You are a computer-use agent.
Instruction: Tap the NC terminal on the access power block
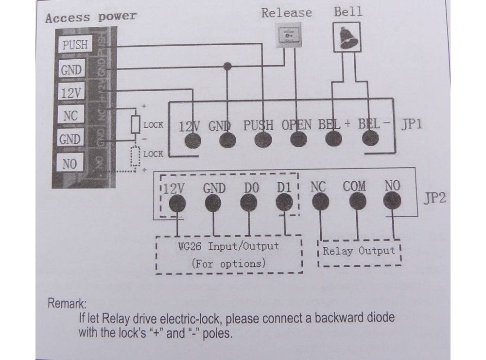[x=70, y=116]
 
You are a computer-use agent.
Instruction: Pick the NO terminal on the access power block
[x=70, y=164]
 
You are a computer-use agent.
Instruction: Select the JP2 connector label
[x=434, y=200]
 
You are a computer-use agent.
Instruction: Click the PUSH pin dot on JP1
[x=262, y=140]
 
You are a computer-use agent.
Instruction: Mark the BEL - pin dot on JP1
[x=371, y=140]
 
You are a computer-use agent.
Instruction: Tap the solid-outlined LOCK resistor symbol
[x=136, y=124]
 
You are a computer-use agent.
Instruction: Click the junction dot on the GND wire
[x=227, y=65]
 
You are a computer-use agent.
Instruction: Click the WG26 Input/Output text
[x=228, y=246]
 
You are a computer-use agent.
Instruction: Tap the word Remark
[x=67, y=304]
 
